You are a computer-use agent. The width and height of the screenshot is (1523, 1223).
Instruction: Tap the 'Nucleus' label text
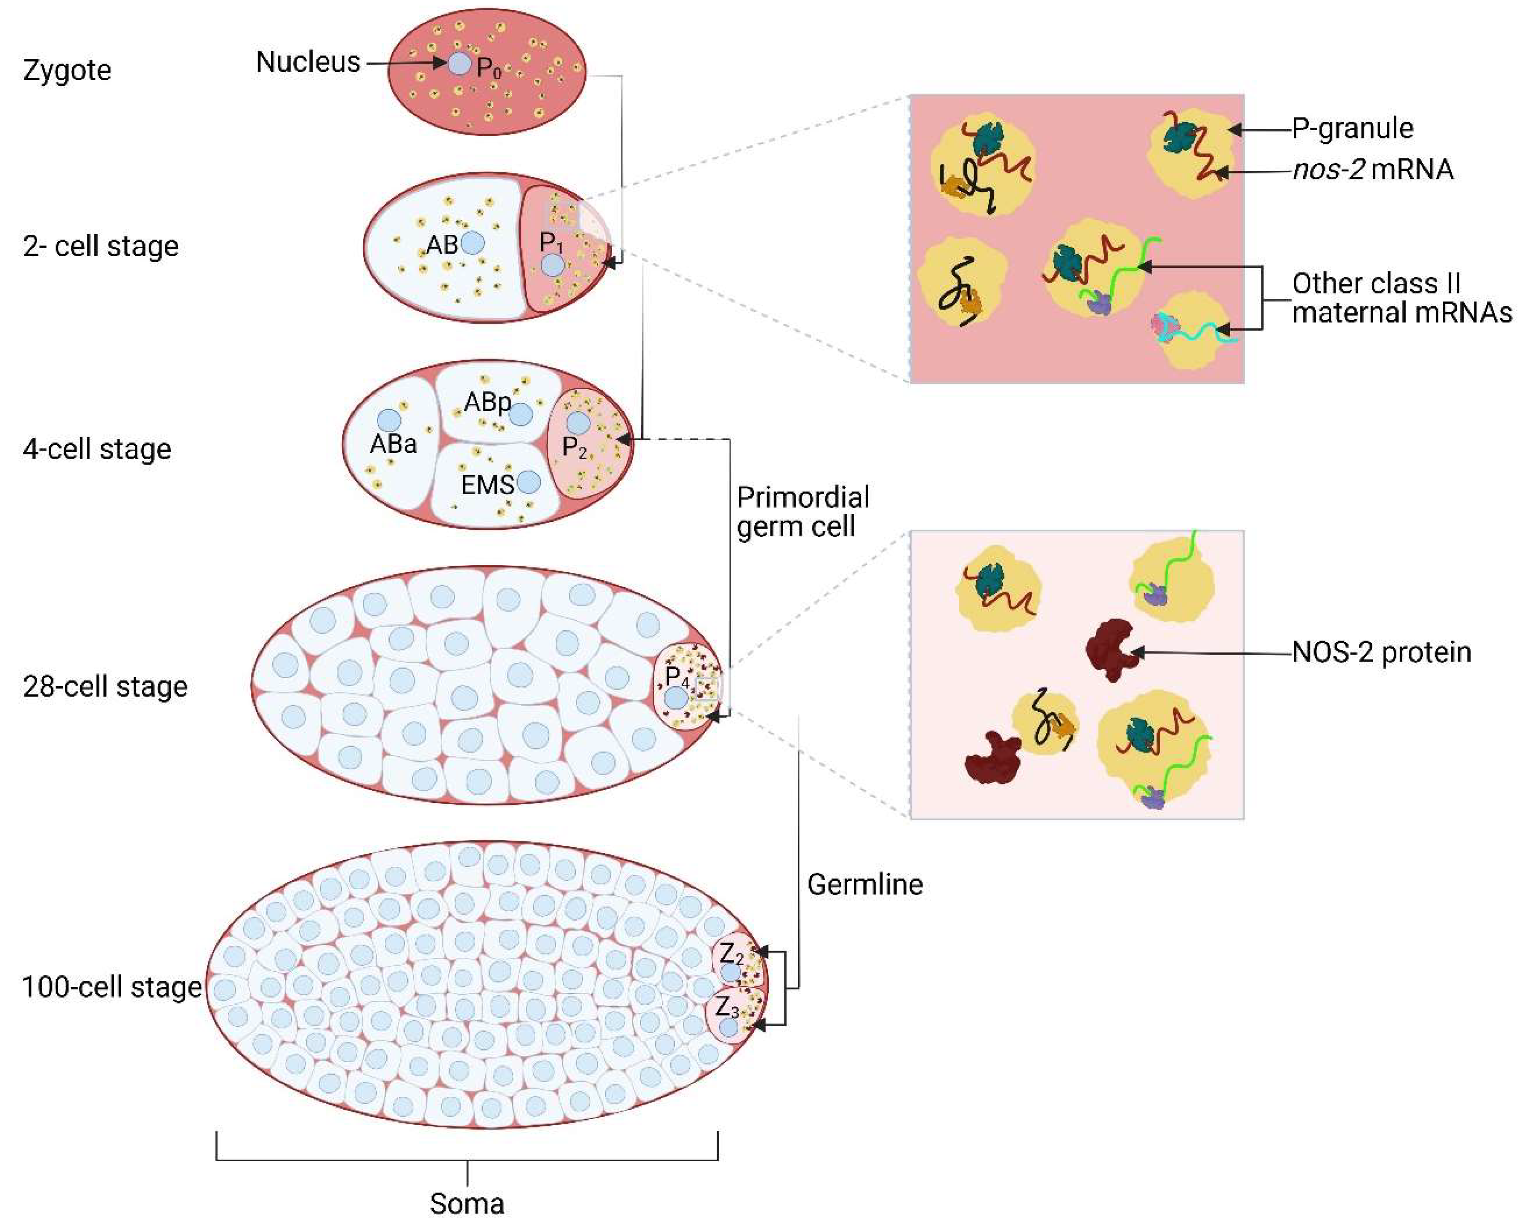pos(308,62)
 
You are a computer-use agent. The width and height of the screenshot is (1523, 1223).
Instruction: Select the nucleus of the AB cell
pos(473,243)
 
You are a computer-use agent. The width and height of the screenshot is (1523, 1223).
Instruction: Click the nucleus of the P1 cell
pos(552,266)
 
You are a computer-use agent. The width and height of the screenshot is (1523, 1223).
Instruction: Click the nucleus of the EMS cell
pos(528,483)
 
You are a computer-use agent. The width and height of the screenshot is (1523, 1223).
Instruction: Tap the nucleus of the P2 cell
pos(578,423)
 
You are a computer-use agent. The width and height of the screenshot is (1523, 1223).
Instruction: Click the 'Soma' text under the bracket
pos(467,1204)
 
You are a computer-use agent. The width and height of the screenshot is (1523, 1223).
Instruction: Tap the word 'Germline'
pos(865,884)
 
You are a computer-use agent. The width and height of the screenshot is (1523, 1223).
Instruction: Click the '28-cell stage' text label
pos(105,687)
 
